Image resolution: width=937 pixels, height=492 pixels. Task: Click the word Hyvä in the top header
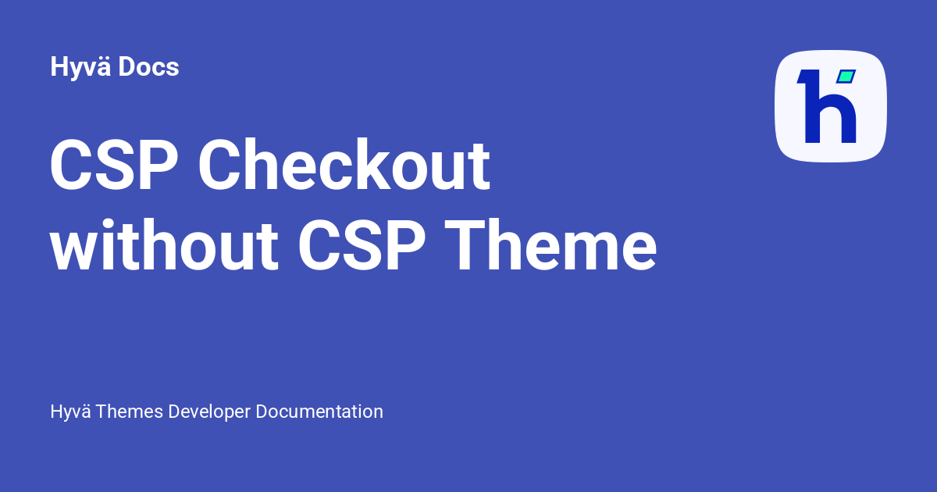tap(81, 68)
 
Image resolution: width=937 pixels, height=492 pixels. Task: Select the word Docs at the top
tap(149, 67)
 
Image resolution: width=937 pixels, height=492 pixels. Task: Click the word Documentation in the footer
tap(320, 412)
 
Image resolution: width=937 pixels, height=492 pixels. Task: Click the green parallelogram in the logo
tap(846, 77)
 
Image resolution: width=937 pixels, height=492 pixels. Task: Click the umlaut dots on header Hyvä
tap(105, 57)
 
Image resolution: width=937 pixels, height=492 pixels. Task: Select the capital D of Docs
tap(127, 67)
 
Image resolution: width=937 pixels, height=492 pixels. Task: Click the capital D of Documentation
tap(263, 412)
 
